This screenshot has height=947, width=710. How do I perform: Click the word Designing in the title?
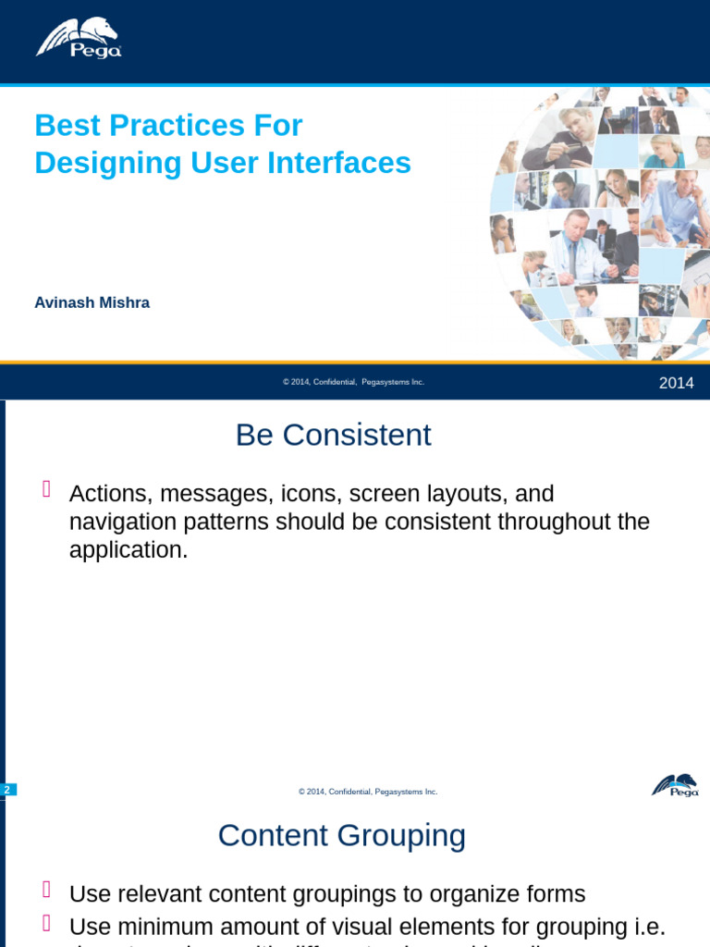[x=95, y=163]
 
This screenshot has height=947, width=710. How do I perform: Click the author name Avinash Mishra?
[x=92, y=302]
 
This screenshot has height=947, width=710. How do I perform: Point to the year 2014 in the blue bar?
[x=676, y=383]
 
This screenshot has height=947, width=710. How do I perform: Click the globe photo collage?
[x=601, y=222]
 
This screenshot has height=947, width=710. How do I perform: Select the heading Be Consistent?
[x=333, y=435]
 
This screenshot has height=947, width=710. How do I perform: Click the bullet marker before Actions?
[x=45, y=490]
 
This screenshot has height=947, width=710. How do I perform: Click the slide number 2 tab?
[x=7, y=789]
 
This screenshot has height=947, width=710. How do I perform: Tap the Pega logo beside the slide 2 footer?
[x=675, y=785]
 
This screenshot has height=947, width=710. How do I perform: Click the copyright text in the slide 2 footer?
[x=368, y=792]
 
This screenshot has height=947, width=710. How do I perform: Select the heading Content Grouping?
[x=341, y=835]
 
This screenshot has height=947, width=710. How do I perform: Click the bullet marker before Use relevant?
[x=45, y=891]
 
